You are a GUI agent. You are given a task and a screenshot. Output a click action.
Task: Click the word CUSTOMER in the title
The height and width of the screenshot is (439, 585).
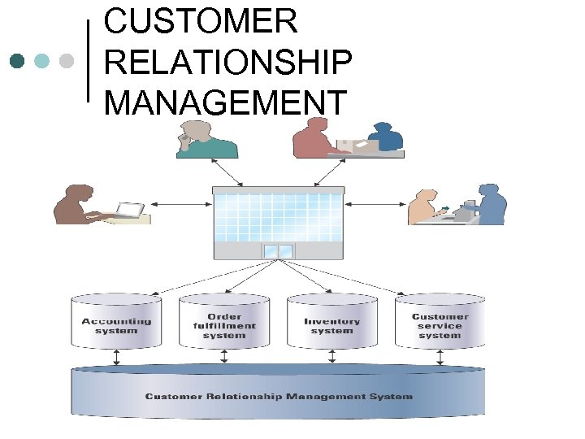(201, 21)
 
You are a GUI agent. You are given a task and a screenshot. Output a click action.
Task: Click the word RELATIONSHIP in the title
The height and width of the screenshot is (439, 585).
(228, 62)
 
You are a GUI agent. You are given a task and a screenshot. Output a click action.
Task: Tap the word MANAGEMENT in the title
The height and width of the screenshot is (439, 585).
(225, 102)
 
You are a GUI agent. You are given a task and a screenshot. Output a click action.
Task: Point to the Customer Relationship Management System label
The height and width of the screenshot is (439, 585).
(279, 397)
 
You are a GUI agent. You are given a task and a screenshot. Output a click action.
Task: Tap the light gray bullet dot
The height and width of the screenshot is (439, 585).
(67, 61)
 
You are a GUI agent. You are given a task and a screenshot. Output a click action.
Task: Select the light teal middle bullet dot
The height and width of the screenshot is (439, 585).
(42, 61)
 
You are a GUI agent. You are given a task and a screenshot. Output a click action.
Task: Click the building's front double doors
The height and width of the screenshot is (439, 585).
(278, 250)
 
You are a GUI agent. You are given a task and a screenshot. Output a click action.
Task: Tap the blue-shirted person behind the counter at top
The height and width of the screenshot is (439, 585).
(385, 137)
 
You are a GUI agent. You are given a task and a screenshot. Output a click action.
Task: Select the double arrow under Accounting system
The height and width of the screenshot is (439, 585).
(116, 357)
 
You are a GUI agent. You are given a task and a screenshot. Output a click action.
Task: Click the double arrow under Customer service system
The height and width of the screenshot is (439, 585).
(440, 357)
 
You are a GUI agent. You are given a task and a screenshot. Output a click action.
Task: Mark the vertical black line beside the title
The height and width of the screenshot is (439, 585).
(89, 61)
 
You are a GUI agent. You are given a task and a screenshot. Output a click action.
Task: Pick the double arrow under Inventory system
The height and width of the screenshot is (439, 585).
(332, 357)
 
